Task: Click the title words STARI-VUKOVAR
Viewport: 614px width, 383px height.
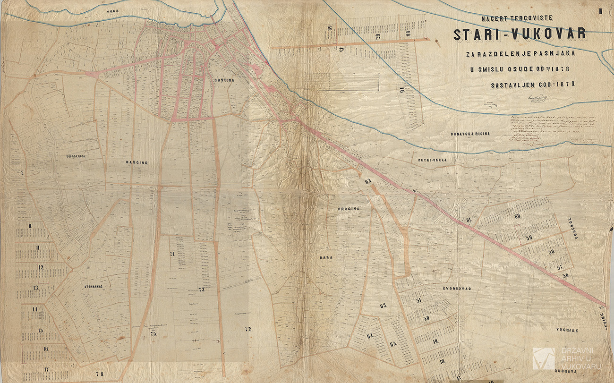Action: coord(520,34)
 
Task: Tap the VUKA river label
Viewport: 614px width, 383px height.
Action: coord(112,10)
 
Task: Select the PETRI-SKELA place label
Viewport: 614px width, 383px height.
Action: coord(432,160)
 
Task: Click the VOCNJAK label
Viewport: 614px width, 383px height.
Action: coord(567,331)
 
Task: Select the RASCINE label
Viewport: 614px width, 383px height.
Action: coord(137,162)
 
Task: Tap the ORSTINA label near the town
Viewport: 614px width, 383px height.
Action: coord(223,80)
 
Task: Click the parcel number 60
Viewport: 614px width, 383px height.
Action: coord(517,216)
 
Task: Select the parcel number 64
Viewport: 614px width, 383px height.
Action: coord(370,336)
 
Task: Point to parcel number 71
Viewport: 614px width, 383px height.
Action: coord(172,254)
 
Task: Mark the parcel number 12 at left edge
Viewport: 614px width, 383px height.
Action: coord(41,267)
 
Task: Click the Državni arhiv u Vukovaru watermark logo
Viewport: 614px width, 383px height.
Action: coord(544,358)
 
